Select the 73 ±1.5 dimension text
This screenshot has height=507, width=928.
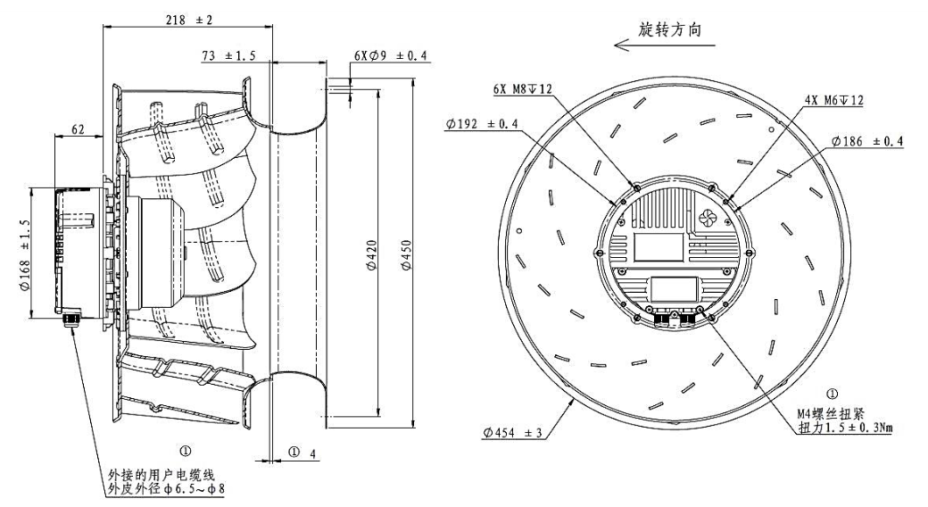point(228,55)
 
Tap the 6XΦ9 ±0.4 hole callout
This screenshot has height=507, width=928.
point(390,55)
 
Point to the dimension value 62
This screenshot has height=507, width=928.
point(79,130)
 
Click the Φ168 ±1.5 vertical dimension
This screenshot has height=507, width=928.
point(22,250)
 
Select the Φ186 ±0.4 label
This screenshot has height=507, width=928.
point(866,141)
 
